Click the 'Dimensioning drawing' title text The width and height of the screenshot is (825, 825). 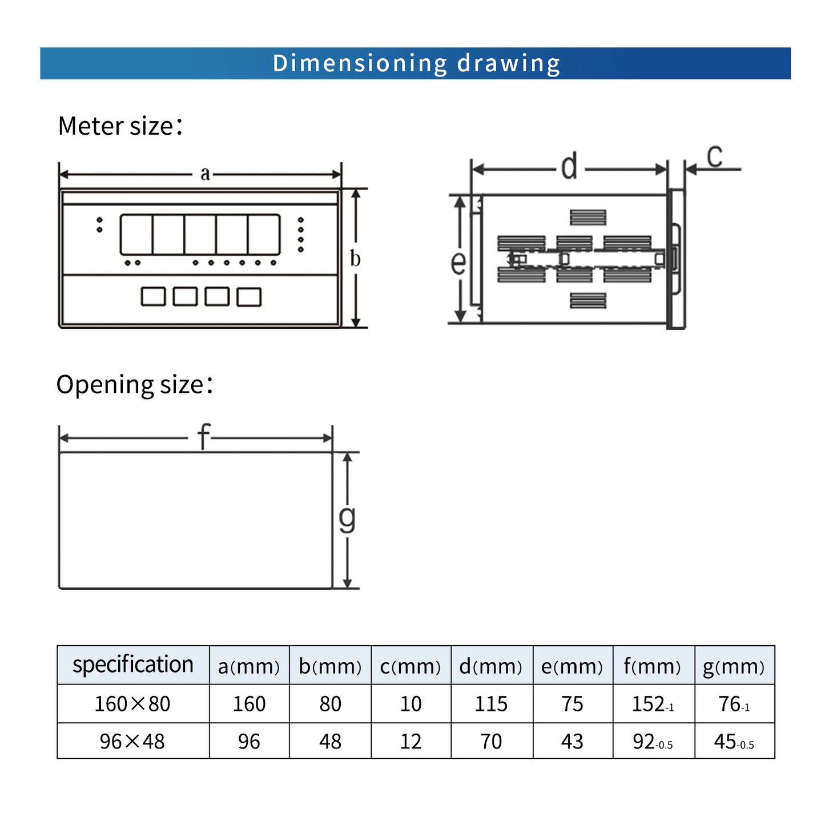point(416,63)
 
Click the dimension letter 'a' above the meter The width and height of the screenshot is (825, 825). point(205,174)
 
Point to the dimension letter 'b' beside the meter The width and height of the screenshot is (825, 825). point(355,259)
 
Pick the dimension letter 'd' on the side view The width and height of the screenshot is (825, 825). point(569,168)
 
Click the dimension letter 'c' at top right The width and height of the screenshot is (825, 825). point(714,156)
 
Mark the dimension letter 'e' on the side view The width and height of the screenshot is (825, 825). point(458,263)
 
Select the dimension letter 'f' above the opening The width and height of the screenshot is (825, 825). point(204,437)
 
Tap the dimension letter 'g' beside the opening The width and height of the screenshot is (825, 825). point(347,518)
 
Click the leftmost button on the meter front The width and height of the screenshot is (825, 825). point(153,297)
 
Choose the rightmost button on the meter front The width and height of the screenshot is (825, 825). point(249,297)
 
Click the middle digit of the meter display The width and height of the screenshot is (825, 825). point(200,235)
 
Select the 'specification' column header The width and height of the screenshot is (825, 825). point(133,665)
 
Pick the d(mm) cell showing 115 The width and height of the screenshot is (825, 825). point(491,704)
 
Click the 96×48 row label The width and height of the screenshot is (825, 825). point(132,742)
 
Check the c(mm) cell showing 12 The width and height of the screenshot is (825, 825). point(411,742)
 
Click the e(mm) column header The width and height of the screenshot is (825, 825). point(572,666)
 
